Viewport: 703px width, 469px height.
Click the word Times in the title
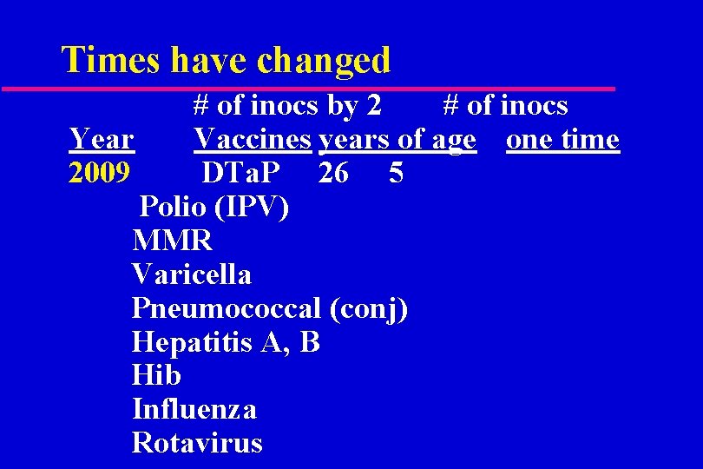112,60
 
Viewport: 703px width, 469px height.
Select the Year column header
101,140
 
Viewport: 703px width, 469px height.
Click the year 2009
99,174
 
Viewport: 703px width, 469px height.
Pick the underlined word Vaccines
252,140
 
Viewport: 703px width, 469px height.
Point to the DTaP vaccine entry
241,174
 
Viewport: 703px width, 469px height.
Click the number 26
333,174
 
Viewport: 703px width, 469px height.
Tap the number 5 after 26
396,174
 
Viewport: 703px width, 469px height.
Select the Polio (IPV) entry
214,208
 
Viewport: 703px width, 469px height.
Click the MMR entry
172,241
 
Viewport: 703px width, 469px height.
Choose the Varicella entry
192,274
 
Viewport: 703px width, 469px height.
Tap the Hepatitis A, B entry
226,342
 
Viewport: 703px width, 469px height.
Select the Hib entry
156,375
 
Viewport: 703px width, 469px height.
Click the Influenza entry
194,409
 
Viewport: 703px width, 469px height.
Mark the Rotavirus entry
197,443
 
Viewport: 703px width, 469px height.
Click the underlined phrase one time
562,140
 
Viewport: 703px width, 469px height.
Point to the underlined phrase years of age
397,140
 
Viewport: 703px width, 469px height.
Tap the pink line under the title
308,89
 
